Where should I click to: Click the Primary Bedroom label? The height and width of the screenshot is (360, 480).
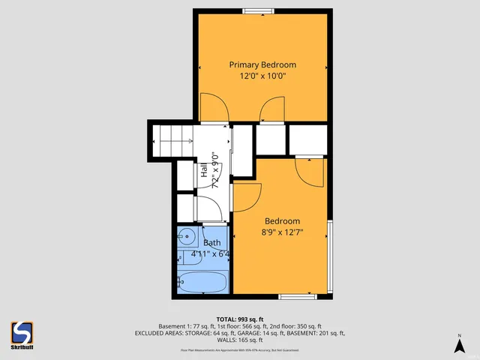[x=262, y=64]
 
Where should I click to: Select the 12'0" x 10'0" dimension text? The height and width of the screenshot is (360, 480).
[x=262, y=76]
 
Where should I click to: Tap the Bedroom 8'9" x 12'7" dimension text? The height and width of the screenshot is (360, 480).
[x=282, y=232]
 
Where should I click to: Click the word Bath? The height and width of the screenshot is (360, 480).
[x=211, y=243]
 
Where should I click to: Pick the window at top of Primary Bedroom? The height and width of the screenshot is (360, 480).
[x=257, y=10]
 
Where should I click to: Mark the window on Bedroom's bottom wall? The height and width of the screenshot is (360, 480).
[x=296, y=297]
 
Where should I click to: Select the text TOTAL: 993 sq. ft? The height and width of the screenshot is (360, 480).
[x=239, y=318]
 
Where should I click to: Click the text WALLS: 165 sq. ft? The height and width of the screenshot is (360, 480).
[x=239, y=340]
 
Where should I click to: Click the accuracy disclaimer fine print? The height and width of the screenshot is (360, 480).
[x=239, y=349]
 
